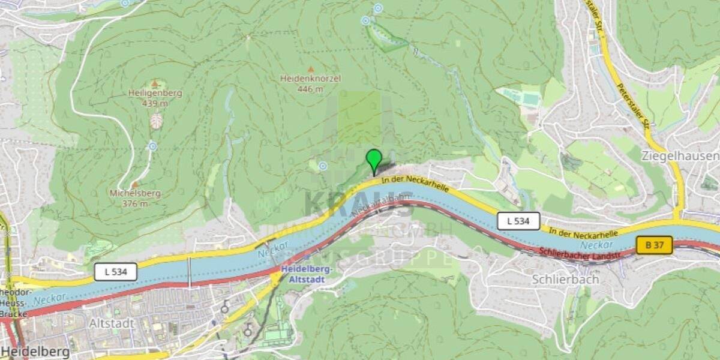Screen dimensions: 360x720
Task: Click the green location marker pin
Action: coord(374,160)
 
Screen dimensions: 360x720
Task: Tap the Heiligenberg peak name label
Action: coord(155,93)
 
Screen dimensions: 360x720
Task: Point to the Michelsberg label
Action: coord(135,193)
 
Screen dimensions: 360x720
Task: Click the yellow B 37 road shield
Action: coord(654,245)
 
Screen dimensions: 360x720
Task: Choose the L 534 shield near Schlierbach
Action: coord(518,221)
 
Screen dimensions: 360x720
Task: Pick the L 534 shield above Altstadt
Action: coord(115,272)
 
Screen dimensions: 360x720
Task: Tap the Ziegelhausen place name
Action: coord(680,155)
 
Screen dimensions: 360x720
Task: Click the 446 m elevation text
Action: coord(310,89)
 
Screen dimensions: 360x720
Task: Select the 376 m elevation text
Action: coord(135,203)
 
